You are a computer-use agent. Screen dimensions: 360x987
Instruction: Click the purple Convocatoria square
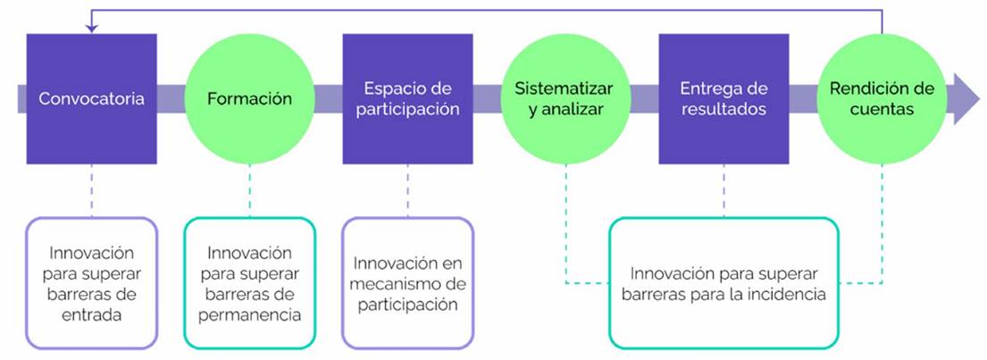(x=91, y=98)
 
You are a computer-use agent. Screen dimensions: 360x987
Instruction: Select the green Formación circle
(x=249, y=98)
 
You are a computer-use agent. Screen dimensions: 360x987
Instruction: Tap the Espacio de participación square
(x=408, y=98)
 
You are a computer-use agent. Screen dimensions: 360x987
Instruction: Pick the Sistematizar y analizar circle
(x=565, y=98)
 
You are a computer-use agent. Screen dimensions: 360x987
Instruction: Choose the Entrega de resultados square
(x=724, y=98)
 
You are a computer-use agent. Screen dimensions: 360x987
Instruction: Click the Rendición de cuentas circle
(x=882, y=98)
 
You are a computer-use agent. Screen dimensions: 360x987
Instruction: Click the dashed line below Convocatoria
(x=91, y=190)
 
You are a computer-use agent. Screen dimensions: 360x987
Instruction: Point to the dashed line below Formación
(x=249, y=190)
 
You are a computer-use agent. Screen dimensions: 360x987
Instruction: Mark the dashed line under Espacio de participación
(x=408, y=190)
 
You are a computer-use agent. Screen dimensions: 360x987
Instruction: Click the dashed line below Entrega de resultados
(x=724, y=190)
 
